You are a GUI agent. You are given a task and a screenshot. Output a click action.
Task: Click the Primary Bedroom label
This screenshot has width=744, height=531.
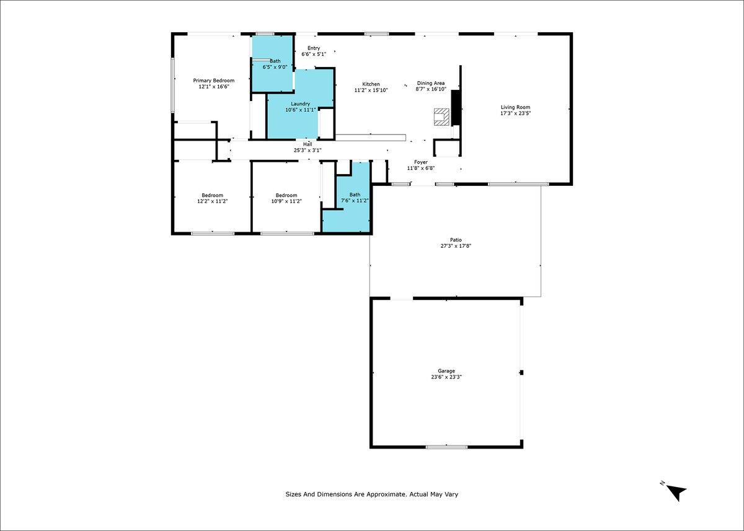coord(213,81)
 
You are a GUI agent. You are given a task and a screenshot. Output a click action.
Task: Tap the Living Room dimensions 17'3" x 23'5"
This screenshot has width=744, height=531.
coord(515,113)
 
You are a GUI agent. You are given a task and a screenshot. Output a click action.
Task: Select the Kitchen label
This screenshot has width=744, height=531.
coord(371,84)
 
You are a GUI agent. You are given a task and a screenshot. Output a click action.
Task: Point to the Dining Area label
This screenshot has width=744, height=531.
coord(431,83)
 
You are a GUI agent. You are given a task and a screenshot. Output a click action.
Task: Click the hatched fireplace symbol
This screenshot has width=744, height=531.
coord(441,117)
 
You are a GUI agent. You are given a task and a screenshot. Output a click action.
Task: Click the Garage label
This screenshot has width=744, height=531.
coord(446,371)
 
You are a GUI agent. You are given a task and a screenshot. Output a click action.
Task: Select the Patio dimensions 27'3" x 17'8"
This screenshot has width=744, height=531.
coord(456,246)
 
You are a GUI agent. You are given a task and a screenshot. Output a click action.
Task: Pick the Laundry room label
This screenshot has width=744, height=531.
coord(301,104)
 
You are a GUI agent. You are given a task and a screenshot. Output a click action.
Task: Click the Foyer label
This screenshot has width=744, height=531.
coord(421,162)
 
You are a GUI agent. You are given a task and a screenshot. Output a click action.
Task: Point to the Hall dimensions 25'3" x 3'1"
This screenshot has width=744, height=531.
coord(308,151)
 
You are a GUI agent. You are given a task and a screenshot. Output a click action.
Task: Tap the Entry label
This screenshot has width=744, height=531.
coord(314,48)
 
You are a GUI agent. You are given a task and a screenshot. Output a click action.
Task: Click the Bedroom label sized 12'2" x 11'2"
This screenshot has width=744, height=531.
coord(212,195)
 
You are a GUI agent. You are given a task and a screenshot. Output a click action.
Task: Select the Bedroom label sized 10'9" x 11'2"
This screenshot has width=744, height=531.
coord(286,195)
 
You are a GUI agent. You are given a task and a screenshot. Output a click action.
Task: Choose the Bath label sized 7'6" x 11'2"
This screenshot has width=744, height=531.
coord(355,195)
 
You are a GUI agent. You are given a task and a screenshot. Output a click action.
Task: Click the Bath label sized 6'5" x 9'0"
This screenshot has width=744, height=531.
coord(275,61)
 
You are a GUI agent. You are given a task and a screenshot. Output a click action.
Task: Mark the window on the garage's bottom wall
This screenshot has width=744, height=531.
coord(447,447)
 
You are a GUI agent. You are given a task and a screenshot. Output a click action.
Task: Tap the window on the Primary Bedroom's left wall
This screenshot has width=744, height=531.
coord(173,86)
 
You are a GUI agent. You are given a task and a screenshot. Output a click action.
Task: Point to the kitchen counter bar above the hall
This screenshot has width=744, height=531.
coord(371,138)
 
